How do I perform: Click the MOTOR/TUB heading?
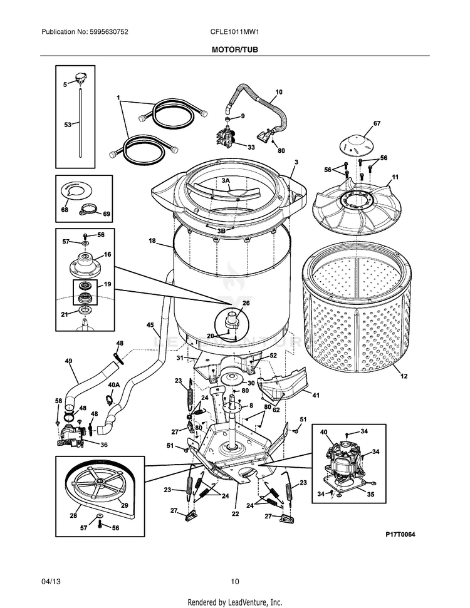click(x=234, y=49)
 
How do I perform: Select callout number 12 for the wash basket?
click(x=404, y=376)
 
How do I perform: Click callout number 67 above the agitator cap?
click(x=377, y=123)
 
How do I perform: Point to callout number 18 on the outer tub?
click(x=152, y=240)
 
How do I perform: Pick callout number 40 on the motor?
click(x=324, y=432)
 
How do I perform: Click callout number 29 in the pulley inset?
click(x=124, y=505)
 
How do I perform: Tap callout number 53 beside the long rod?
click(x=68, y=125)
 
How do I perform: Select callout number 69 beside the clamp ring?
click(x=107, y=214)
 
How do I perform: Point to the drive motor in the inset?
click(x=343, y=461)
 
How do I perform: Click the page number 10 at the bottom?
click(x=235, y=582)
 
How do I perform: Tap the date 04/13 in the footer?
click(x=50, y=582)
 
